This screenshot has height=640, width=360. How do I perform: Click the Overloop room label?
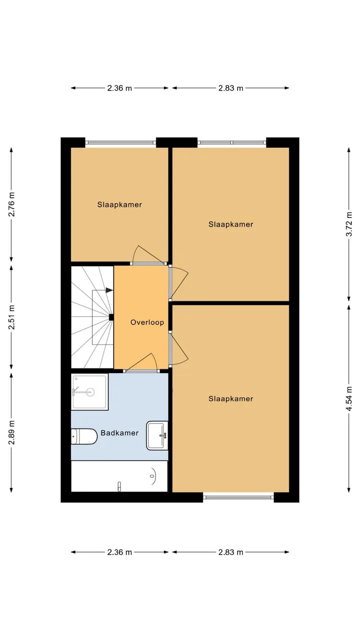[x=147, y=322]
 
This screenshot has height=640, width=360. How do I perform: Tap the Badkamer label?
[x=119, y=433]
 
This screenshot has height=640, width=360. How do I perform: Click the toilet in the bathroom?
[x=84, y=436]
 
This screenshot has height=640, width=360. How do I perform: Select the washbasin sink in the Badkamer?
[x=157, y=435]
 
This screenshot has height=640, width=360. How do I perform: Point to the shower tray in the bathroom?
[x=89, y=391]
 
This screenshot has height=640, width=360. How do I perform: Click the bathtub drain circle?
[x=152, y=476]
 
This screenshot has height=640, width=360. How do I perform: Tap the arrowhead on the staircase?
[x=109, y=290]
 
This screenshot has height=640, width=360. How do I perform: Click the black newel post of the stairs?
[x=111, y=317]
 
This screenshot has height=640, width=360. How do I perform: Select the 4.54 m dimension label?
[x=349, y=398]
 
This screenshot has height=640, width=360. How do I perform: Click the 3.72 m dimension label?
[x=349, y=224]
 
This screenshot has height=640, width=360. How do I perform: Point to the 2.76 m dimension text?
[x=11, y=204]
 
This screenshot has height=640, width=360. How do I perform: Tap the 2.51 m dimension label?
[x=11, y=317]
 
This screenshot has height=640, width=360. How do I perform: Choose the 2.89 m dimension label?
[x=11, y=432]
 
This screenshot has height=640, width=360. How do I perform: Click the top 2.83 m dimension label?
[x=231, y=88]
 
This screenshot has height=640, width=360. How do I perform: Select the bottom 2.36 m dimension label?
[x=119, y=552]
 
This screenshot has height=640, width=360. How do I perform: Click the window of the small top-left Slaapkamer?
[x=120, y=142]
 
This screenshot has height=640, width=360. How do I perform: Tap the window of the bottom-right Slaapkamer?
[x=238, y=497]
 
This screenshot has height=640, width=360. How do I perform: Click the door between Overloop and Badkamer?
[x=141, y=371]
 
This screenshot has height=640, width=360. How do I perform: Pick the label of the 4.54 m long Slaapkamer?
[x=231, y=398]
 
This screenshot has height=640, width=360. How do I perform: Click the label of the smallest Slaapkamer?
[x=119, y=204]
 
